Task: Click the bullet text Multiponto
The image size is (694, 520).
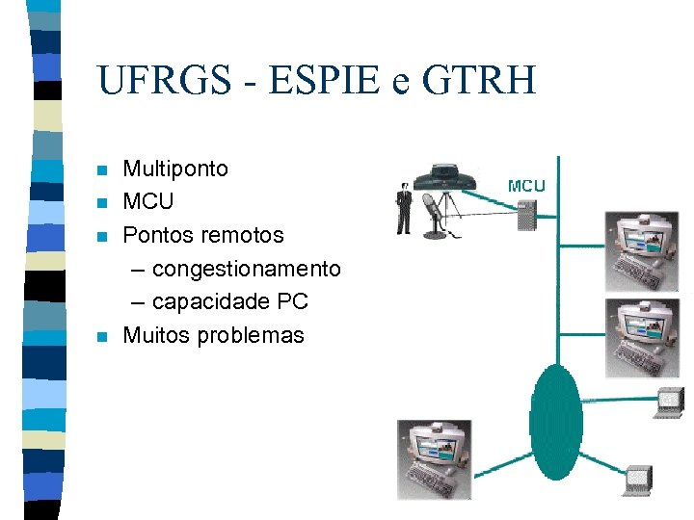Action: [x=175, y=169]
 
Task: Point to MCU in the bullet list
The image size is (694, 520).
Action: [x=148, y=202]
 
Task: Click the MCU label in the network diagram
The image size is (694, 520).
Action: [x=526, y=185]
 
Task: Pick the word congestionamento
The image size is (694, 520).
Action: [x=246, y=269]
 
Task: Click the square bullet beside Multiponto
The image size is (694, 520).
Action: [x=102, y=171]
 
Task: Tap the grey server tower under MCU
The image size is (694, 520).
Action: [x=526, y=215]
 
